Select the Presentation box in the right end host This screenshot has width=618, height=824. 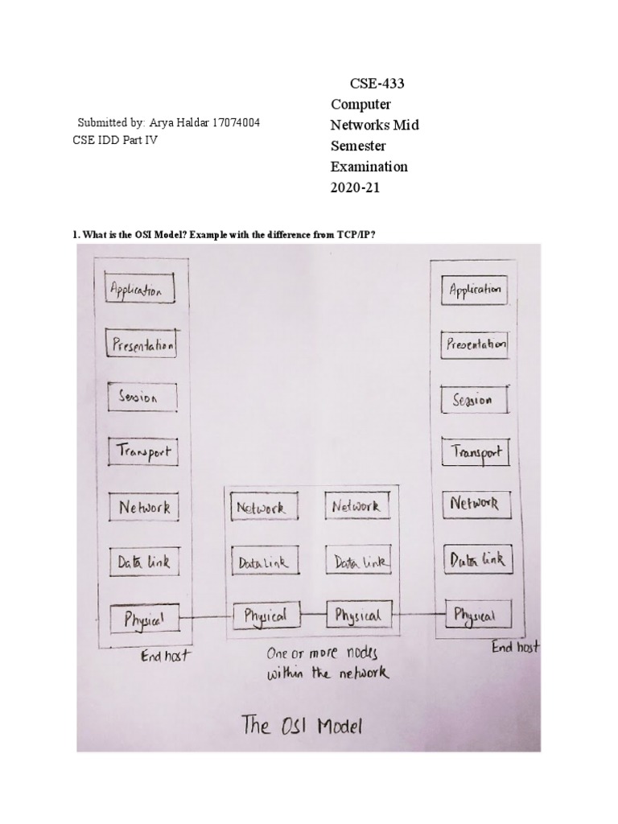(x=476, y=345)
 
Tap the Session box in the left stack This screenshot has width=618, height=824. (x=139, y=398)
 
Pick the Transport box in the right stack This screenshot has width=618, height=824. (x=476, y=452)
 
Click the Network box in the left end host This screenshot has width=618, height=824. (x=144, y=508)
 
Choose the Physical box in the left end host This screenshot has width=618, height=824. (x=144, y=619)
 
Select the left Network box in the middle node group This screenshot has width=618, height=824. (x=261, y=509)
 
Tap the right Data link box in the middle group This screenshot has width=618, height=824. (x=359, y=562)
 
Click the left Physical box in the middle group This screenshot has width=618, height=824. (x=264, y=616)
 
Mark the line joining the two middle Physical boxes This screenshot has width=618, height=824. (x=311, y=616)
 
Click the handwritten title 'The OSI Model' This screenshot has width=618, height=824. (x=303, y=727)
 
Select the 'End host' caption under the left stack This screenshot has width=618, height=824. (x=165, y=656)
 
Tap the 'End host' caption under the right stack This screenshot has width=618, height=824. (x=515, y=646)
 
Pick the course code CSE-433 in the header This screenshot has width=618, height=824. (x=376, y=84)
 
